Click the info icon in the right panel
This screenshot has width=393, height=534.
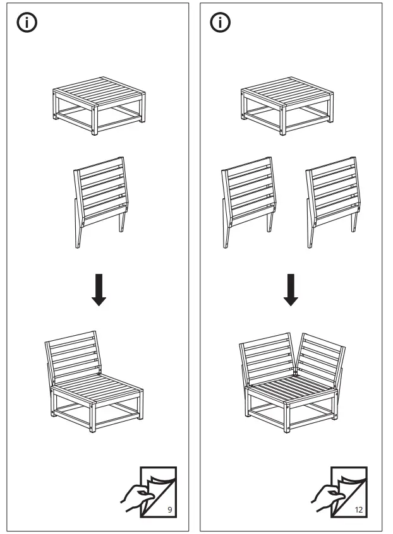point(220,23)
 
